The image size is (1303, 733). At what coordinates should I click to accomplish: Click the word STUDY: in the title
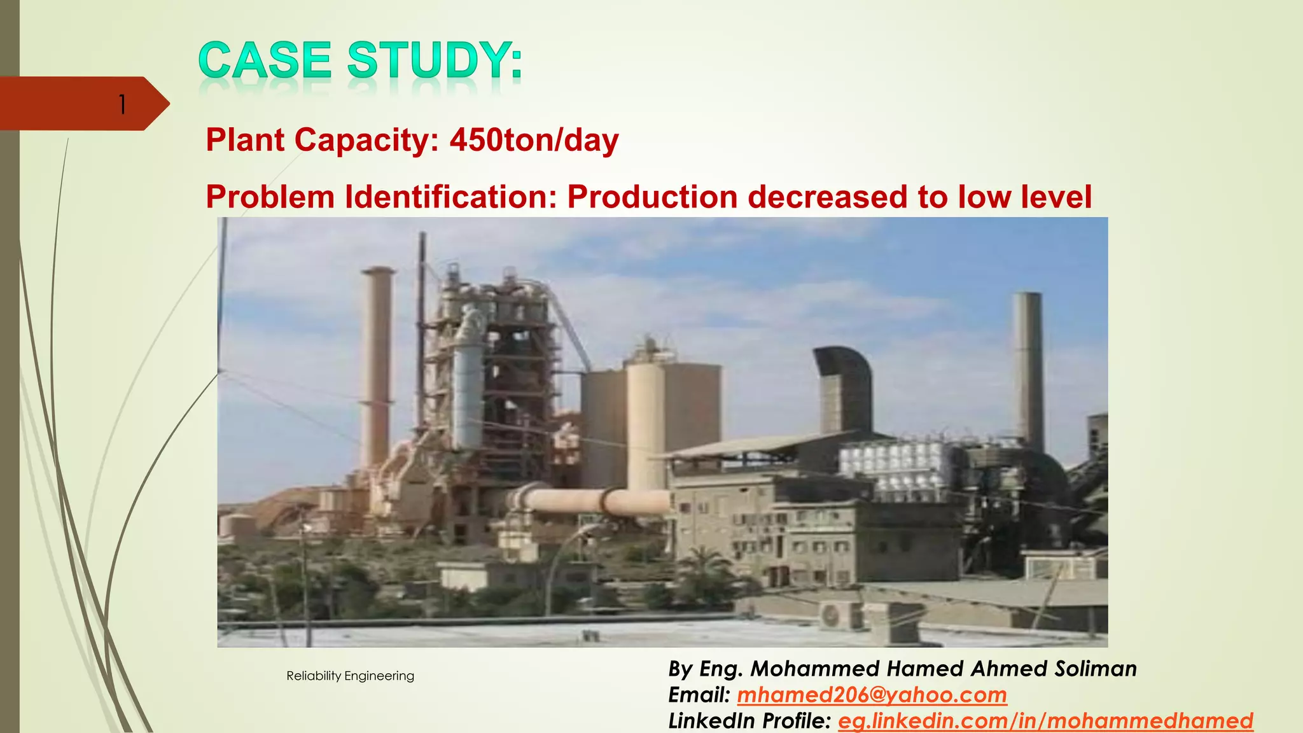tap(435, 60)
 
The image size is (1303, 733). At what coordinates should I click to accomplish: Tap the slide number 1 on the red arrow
tap(122, 104)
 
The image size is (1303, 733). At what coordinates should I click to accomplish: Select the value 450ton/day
tap(534, 140)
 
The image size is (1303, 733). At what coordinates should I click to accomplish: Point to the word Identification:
tap(451, 197)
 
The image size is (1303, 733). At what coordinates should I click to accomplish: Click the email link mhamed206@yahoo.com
tap(872, 695)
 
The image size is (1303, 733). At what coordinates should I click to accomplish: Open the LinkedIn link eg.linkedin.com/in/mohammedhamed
tap(1045, 721)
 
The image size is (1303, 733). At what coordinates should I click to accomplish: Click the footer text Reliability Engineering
tap(350, 676)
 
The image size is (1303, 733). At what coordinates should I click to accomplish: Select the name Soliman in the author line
tap(1096, 669)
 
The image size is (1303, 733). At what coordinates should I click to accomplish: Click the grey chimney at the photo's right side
tap(1028, 369)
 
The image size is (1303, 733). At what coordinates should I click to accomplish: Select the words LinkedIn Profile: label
tap(749, 721)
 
